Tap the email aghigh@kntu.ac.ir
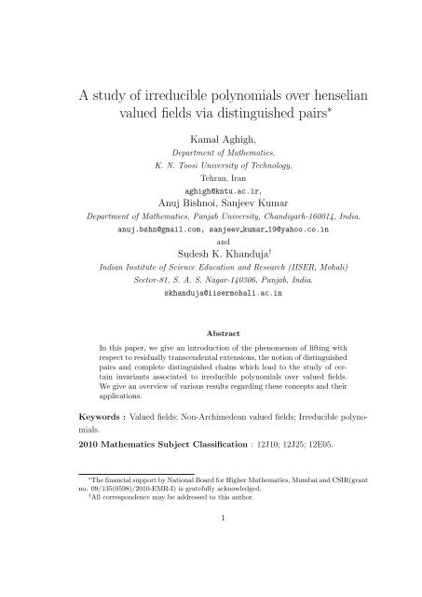tap(210, 186)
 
